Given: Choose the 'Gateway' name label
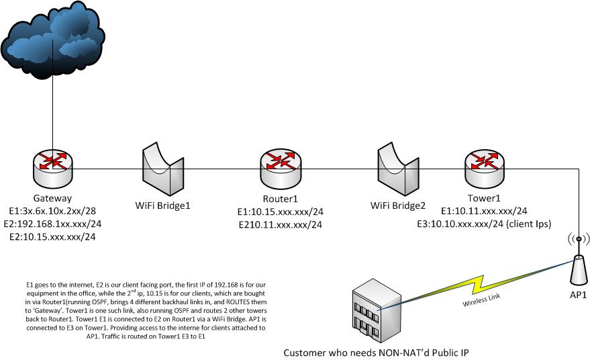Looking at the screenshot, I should pos(52,199).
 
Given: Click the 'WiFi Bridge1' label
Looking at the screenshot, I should pos(163,204).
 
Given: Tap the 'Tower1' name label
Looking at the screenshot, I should pos(483,198).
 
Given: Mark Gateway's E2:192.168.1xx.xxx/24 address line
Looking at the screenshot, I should pos(56,224).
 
